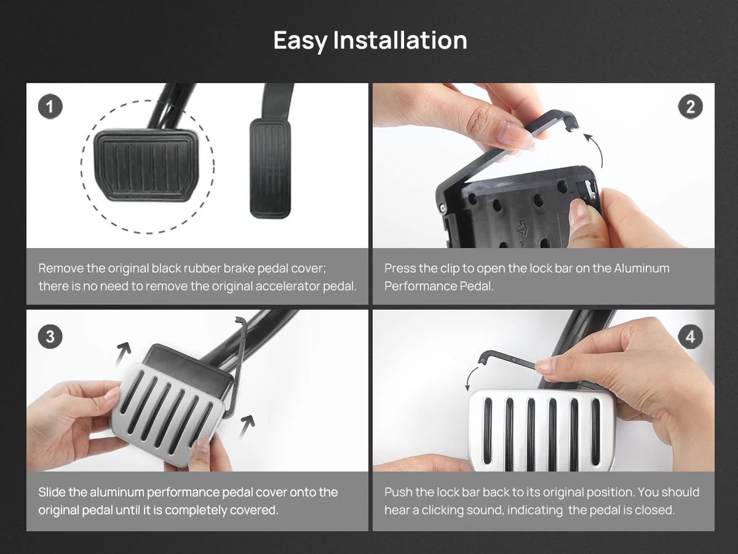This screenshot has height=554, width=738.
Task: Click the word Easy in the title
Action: pos(300,41)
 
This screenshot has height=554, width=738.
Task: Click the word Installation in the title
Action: pos(400,40)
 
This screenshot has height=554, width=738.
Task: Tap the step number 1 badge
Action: pos(50,106)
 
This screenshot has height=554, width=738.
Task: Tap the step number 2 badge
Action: pos(690,106)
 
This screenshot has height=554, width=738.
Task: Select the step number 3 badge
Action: pos(50,336)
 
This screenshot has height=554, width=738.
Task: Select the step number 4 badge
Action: pos(690,336)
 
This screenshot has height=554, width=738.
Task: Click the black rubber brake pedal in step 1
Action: pos(146,165)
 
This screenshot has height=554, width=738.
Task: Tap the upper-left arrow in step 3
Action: pos(123,353)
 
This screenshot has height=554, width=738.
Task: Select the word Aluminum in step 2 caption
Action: pos(641,268)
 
